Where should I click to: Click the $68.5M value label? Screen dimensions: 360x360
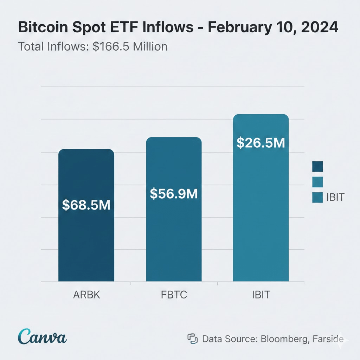(86, 205)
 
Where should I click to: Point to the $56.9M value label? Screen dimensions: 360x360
(174, 193)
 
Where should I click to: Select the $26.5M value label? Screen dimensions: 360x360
(261, 142)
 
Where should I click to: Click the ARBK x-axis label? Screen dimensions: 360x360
(86, 295)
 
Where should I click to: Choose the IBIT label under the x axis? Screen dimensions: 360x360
(261, 295)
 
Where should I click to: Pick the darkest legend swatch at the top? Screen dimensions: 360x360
(317, 166)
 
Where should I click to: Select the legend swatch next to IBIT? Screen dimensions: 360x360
(317, 198)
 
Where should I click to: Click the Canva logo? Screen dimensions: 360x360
(43, 336)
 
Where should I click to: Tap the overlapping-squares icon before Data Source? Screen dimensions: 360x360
(192, 339)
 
